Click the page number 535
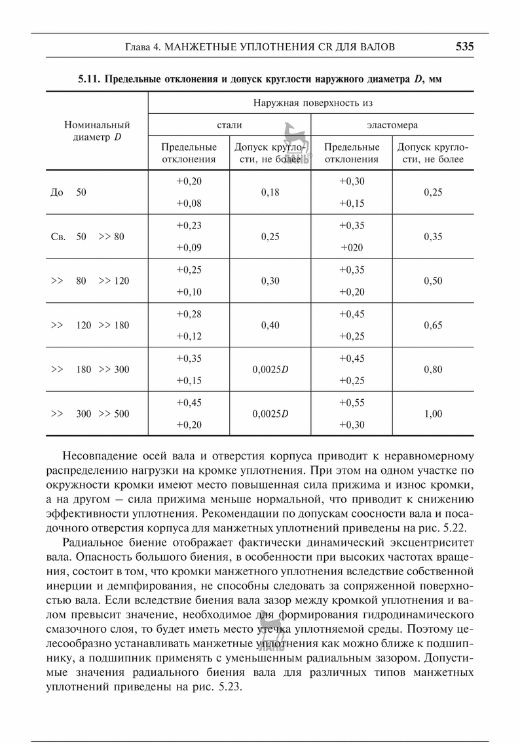[x=464, y=46]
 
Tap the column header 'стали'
[x=229, y=124]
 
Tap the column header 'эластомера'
[x=392, y=124]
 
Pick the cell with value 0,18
[x=270, y=192]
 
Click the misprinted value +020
[x=352, y=248]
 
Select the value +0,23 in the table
[x=189, y=226]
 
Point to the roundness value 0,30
[x=270, y=281]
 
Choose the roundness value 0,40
[x=270, y=325]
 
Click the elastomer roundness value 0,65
[x=433, y=325]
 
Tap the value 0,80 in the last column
[x=433, y=370]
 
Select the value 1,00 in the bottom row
[x=433, y=414]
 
